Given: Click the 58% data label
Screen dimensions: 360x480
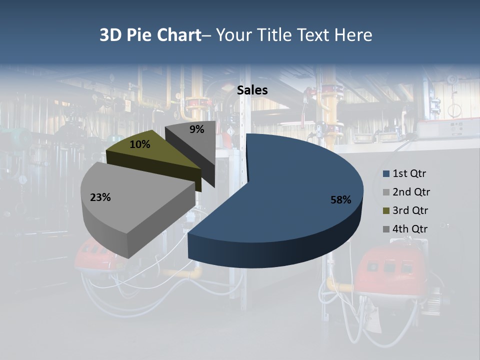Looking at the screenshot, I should tap(340, 200).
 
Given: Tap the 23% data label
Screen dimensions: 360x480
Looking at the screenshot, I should tap(100, 197).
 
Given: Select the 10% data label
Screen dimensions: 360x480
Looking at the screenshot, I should tap(139, 144).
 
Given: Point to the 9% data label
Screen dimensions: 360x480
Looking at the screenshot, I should tap(197, 129).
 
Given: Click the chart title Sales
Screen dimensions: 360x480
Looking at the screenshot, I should tap(252, 90).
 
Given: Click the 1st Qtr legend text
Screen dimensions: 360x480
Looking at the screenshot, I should tap(409, 174).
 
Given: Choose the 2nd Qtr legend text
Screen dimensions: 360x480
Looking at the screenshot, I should tap(411, 192).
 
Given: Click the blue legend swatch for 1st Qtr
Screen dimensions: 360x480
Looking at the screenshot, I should tap(386, 174).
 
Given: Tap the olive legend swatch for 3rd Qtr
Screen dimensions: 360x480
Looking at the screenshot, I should tap(386, 210).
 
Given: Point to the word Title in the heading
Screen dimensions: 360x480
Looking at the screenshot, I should tap(275, 35).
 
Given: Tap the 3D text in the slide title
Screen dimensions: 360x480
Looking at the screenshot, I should tap(110, 35).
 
